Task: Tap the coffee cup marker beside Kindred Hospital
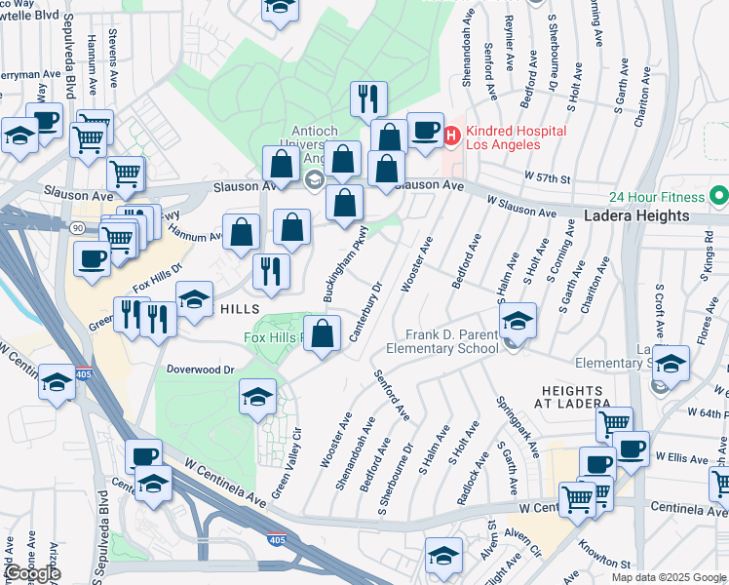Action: pos(425,130)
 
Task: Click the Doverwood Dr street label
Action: pos(202,370)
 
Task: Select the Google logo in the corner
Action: pos(31,573)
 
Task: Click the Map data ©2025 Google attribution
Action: pos(669,577)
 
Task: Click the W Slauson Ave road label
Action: pos(526,207)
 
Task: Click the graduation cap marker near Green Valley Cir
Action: pos(257,397)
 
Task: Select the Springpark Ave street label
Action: pos(517,425)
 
